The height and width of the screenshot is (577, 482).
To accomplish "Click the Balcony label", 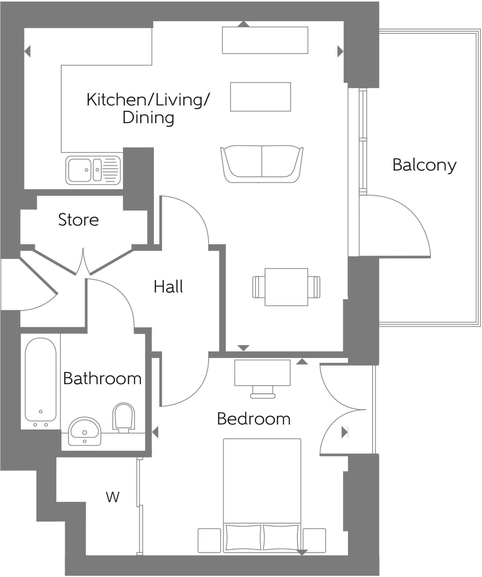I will pyautogui.click(x=424, y=165).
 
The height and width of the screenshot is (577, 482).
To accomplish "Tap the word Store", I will pyautogui.click(x=78, y=220).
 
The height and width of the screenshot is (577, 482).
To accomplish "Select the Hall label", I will pyautogui.click(x=168, y=287).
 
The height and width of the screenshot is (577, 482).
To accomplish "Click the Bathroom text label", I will pyautogui.click(x=102, y=379).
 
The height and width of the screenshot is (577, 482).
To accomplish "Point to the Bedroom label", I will pyautogui.click(x=254, y=419).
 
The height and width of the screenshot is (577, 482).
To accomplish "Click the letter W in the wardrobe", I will pyautogui.click(x=113, y=497).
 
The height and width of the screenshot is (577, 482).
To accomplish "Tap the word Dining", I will pyautogui.click(x=148, y=118).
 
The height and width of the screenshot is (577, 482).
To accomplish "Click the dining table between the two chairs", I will pyautogui.click(x=286, y=287).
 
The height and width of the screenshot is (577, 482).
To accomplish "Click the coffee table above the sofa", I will pyautogui.click(x=260, y=97).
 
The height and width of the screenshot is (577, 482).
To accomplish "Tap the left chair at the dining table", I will pyautogui.click(x=258, y=287).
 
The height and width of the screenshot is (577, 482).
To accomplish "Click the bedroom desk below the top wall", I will pyautogui.click(x=262, y=373).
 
